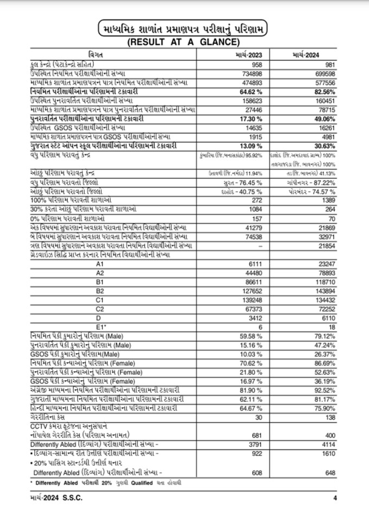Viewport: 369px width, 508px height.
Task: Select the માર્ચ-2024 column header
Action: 307,56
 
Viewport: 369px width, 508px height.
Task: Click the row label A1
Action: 99,262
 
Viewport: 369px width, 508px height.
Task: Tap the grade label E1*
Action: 100,326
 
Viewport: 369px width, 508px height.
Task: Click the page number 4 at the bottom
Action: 335,498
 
